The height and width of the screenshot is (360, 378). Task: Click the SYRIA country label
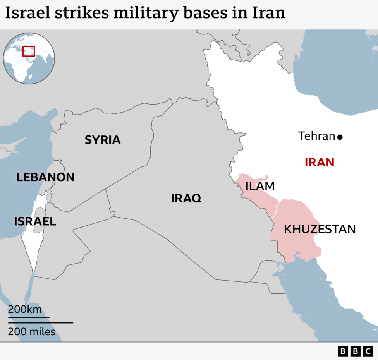tap(103, 140)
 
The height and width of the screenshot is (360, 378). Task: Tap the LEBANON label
tap(45, 177)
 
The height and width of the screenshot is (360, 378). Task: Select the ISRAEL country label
tap(35, 221)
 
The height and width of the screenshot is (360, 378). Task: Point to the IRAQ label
tap(186, 199)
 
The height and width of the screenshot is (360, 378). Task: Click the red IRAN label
tap(320, 162)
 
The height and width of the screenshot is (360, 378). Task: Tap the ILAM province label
tap(260, 186)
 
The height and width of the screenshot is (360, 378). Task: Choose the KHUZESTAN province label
tap(320, 229)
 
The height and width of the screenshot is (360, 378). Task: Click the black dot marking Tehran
tap(340, 137)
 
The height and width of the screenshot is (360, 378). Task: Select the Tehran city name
tap(316, 136)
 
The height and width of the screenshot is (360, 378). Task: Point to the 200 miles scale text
tap(32, 332)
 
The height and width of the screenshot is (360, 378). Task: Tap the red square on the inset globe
tap(29, 51)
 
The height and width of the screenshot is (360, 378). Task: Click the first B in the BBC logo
tap(343, 351)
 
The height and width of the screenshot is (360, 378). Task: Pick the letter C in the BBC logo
tap(368, 351)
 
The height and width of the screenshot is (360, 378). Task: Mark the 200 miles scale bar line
tap(41, 322)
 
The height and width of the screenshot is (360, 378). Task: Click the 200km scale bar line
tap(29, 317)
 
